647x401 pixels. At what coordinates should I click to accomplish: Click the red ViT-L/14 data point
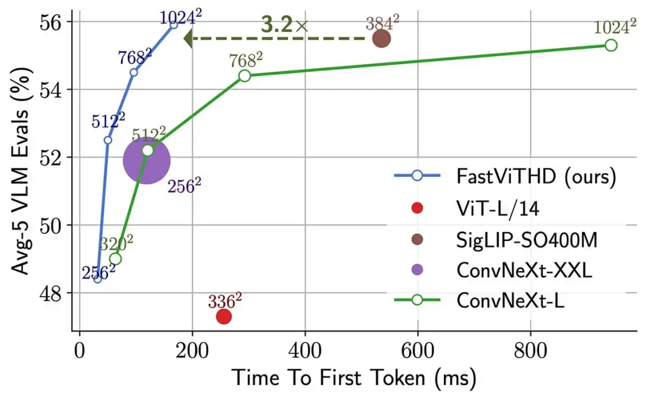click(x=223, y=316)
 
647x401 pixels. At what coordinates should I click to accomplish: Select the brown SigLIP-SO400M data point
click(x=382, y=39)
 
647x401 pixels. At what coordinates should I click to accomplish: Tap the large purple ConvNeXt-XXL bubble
click(x=147, y=160)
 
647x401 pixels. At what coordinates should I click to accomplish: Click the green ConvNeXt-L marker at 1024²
click(x=611, y=45)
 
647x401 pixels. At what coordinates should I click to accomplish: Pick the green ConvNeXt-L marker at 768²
click(x=244, y=76)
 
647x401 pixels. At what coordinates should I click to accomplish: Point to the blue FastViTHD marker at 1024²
click(x=174, y=25)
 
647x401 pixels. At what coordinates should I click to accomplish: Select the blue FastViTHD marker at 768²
click(x=134, y=73)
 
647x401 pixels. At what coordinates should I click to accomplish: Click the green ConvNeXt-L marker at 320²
click(x=116, y=259)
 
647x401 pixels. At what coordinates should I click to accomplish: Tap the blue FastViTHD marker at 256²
click(x=98, y=279)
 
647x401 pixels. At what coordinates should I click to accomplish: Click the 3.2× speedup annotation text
click(x=285, y=25)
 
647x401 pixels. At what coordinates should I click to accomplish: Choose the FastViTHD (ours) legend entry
click(x=505, y=176)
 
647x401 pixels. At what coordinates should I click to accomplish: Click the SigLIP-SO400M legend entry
click(x=495, y=240)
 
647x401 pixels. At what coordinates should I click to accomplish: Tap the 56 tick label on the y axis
click(x=50, y=22)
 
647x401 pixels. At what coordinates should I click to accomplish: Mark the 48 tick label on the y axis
click(x=50, y=294)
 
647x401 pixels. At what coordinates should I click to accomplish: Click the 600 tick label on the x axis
click(x=418, y=351)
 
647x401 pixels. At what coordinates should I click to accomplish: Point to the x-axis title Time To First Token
click(x=328, y=377)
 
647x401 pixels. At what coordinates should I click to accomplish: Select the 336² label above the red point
click(x=225, y=301)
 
